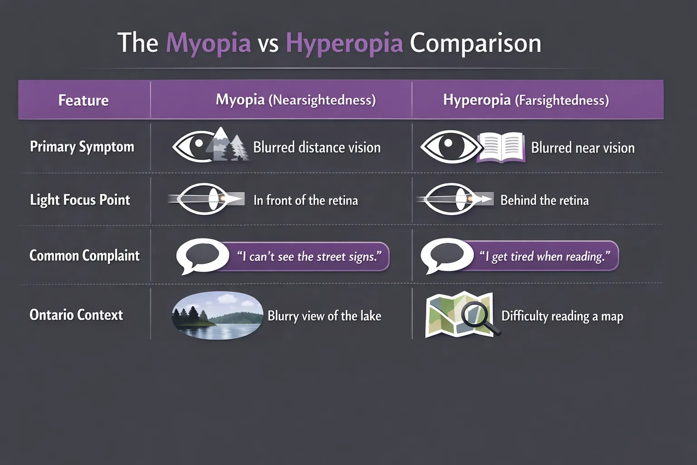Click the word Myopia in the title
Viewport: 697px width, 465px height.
pyautogui.click(x=208, y=44)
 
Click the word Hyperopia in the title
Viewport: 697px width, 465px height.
pyautogui.click(x=344, y=44)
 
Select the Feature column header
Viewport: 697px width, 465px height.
pyautogui.click(x=83, y=100)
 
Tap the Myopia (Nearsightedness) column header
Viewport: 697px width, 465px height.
pyautogui.click(x=295, y=100)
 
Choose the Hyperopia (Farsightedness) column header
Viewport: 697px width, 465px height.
pyautogui.click(x=526, y=100)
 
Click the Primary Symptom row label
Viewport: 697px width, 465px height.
pyautogui.click(x=82, y=147)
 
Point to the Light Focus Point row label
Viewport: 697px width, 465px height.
pyautogui.click(x=80, y=200)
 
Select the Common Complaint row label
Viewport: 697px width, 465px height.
pyautogui.click(x=84, y=256)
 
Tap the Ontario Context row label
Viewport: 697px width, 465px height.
pyautogui.click(x=76, y=315)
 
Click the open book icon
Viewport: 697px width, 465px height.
pyautogui.click(x=501, y=147)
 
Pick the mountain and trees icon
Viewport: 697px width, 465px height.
pyautogui.click(x=227, y=144)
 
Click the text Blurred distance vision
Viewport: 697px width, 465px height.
pyautogui.click(x=317, y=148)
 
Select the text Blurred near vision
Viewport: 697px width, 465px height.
pyautogui.click(x=583, y=148)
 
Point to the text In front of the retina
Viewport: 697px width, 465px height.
pyautogui.click(x=305, y=200)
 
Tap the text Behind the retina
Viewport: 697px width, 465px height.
pyautogui.click(x=545, y=200)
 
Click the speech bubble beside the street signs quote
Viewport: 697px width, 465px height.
pyautogui.click(x=202, y=255)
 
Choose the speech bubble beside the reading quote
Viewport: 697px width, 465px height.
pyautogui.click(x=447, y=255)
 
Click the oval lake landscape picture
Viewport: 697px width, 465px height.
pyautogui.click(x=217, y=315)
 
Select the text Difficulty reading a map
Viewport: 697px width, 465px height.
pyautogui.click(x=562, y=316)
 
